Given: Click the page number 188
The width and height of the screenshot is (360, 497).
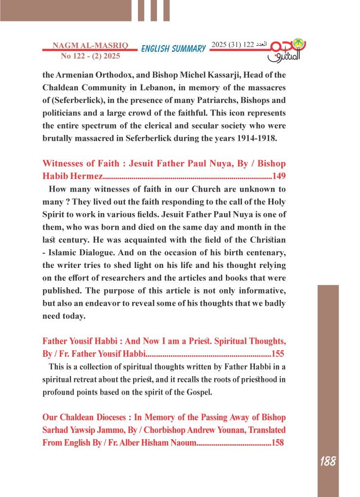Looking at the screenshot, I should (328, 461).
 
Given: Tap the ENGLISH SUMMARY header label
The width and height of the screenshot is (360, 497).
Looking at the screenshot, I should (173, 49).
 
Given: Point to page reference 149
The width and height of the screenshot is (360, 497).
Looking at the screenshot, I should (279, 176).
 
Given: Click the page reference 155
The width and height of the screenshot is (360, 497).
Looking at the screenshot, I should (277, 353).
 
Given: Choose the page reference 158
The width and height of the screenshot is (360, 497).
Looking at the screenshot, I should (277, 443).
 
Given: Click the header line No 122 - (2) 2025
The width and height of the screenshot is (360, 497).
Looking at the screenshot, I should (90, 56).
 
